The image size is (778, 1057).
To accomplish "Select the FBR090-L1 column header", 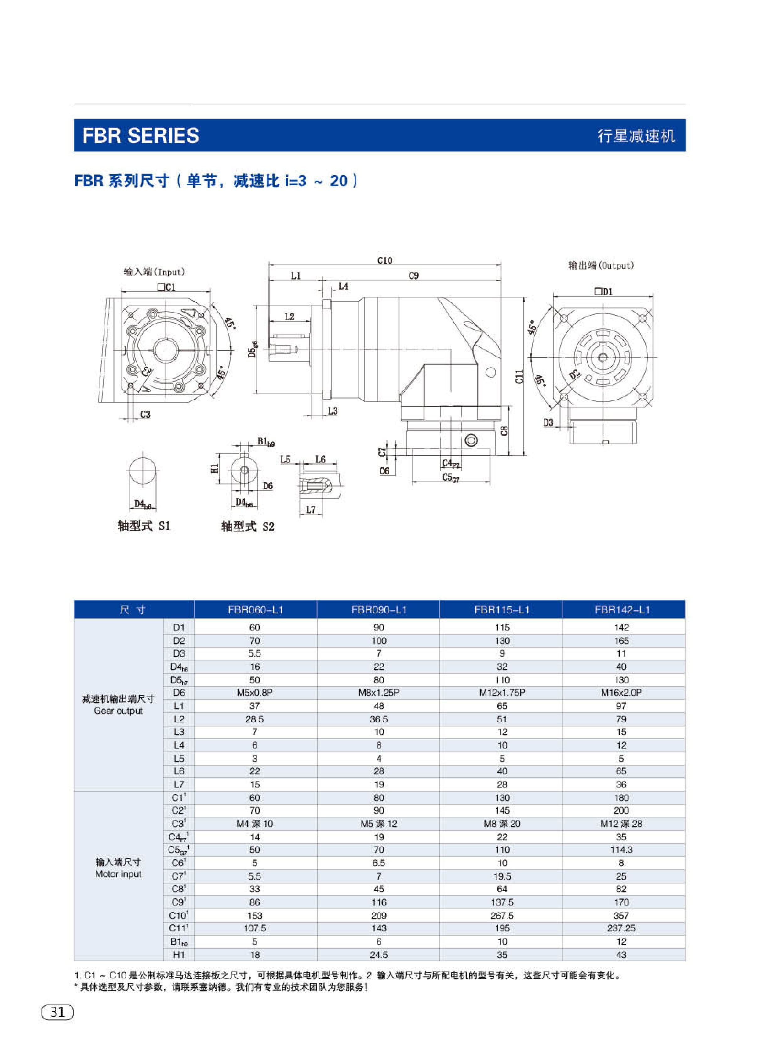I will point(378,610).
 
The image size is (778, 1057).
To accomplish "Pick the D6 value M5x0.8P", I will point(255,693).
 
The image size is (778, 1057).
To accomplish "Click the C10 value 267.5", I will point(502,915).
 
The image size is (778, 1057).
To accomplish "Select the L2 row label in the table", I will point(179,719).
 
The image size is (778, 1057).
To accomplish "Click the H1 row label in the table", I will point(179,955).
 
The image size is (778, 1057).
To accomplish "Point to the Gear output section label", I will point(118,711).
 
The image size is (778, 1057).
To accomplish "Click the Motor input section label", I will point(118,874).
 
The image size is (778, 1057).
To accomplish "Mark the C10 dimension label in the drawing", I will point(385,260).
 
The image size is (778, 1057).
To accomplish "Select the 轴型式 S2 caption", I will point(248,526).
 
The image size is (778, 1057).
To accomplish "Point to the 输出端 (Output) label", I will point(601,265).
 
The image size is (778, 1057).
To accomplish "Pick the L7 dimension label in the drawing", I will point(311,509).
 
